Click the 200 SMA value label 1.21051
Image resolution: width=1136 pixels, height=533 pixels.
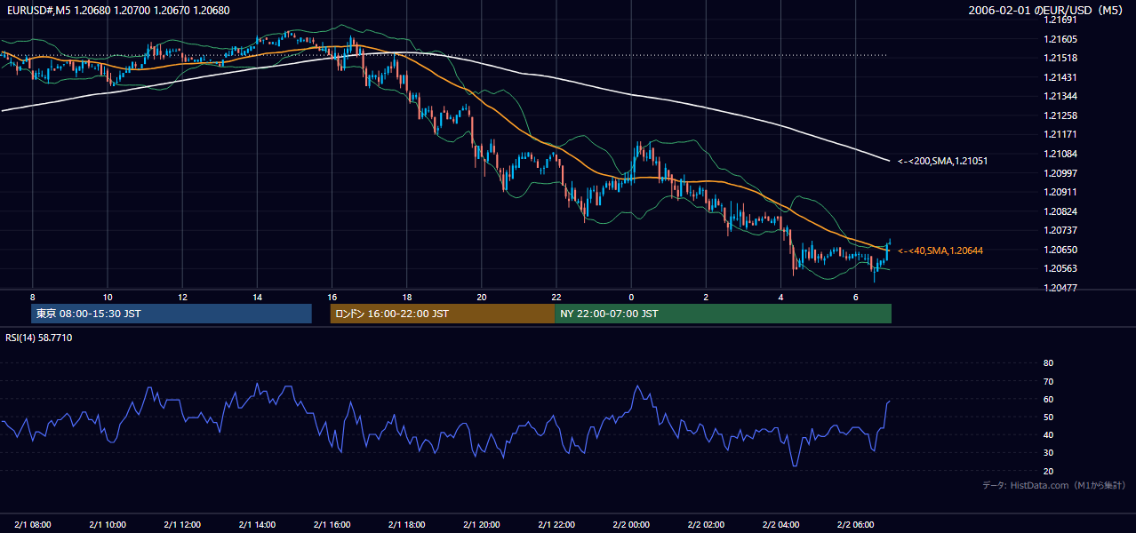point(943,161)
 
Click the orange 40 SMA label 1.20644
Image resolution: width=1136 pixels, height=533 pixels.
point(940,251)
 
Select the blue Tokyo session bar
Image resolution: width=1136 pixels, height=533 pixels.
point(172,314)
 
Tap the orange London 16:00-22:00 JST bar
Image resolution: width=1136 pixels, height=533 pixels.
point(443,314)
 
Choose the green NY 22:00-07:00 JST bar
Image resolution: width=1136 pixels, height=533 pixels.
point(724,314)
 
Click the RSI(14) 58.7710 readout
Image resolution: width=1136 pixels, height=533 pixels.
point(38,338)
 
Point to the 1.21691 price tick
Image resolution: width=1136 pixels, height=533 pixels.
point(1060,20)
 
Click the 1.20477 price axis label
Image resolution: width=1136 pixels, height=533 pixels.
point(1060,288)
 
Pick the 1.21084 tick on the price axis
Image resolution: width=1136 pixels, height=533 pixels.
point(1060,154)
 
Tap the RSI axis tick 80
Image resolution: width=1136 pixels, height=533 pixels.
point(1048,362)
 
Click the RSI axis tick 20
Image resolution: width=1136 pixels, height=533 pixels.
point(1048,471)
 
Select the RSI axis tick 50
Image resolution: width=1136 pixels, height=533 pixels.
point(1048,417)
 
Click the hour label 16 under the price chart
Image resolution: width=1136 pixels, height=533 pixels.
point(332,298)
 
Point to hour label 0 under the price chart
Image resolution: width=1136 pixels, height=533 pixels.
point(631,298)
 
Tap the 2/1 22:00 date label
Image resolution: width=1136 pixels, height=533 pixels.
point(556,524)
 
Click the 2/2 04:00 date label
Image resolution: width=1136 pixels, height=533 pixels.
point(781,524)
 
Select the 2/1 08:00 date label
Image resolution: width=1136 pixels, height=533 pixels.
point(33,524)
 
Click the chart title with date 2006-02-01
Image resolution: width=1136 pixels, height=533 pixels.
point(1045,11)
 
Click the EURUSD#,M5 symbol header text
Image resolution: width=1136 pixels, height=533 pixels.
point(38,11)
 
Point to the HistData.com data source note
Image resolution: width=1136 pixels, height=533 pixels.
point(1054,485)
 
